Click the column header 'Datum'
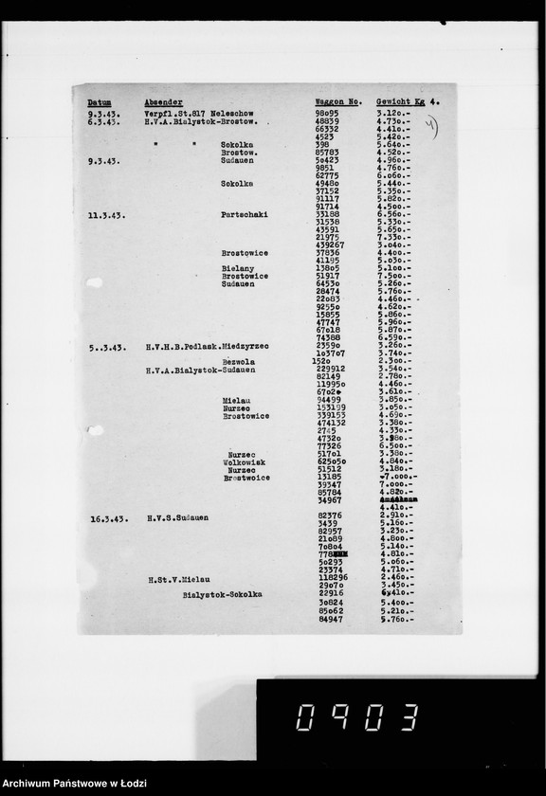(x=100, y=101)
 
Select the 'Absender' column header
(x=164, y=101)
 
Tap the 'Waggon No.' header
(x=338, y=100)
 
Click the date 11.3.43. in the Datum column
(x=106, y=215)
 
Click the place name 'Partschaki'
(x=245, y=215)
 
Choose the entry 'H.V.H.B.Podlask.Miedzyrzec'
(x=208, y=347)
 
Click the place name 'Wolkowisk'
(x=244, y=461)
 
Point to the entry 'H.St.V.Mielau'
(x=178, y=578)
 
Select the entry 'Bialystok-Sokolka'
(x=223, y=595)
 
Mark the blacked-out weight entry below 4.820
(x=399, y=498)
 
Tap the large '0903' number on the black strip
(x=355, y=719)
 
